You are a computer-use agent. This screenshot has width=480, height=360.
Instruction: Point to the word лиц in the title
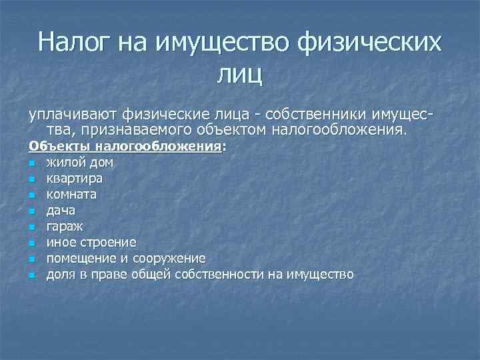click(x=239, y=74)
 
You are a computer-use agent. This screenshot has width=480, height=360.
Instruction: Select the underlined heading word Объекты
click(x=59, y=147)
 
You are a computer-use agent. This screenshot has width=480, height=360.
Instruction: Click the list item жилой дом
click(x=79, y=162)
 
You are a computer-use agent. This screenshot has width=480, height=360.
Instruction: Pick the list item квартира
click(x=75, y=179)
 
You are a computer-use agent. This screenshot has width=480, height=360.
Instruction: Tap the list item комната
click(x=71, y=195)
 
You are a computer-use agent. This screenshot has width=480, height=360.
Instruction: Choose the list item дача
click(x=61, y=211)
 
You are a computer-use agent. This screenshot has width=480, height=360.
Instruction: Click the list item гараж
click(x=64, y=227)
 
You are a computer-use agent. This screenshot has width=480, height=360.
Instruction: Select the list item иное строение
click(x=91, y=242)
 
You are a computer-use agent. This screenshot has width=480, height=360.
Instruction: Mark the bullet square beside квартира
click(x=31, y=179)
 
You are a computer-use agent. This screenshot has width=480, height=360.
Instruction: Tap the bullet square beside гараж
click(x=31, y=227)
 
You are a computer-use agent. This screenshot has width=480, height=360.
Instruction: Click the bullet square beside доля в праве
click(x=31, y=275)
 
